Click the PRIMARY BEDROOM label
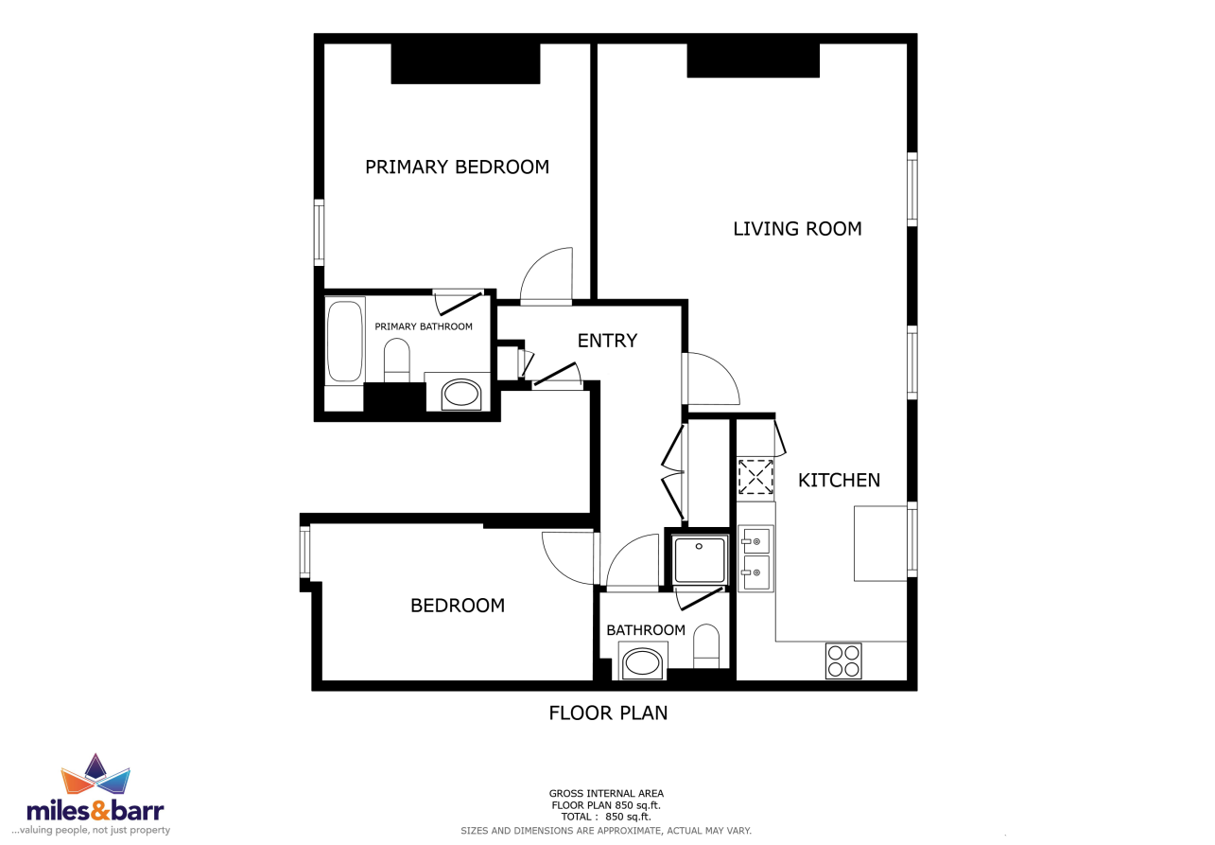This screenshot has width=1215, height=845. (457, 167)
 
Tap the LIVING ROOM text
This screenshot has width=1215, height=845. (797, 228)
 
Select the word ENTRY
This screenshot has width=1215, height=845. (607, 341)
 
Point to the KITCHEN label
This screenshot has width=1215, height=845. (839, 480)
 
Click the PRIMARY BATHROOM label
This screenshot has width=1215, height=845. (423, 326)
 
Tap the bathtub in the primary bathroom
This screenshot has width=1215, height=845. (344, 342)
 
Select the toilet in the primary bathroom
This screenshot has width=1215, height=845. (396, 361)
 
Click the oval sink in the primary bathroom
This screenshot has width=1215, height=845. (461, 395)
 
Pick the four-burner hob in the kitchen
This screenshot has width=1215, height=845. (843, 660)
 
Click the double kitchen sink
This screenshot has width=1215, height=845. (755, 558)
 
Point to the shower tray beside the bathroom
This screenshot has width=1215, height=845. (699, 559)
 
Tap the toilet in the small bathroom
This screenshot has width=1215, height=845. (706, 646)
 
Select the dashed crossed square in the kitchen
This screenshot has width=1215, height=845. (755, 477)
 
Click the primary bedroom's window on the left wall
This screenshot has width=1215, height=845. (319, 232)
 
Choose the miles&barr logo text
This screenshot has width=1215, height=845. (95, 811)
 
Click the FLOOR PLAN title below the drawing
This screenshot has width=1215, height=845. (608, 713)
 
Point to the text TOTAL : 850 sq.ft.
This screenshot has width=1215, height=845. (606, 817)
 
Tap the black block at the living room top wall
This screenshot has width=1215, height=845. (753, 61)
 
